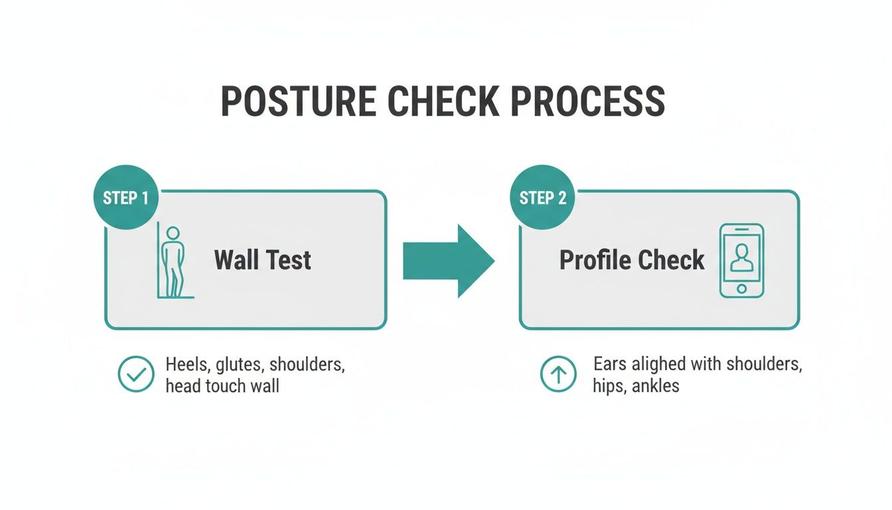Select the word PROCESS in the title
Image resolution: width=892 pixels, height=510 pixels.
pos(584,102)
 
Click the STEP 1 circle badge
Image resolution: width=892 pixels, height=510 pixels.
pos(126,198)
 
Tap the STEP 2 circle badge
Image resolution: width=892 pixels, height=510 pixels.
pos(542,198)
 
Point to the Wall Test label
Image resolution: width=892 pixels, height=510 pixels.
pos(262,260)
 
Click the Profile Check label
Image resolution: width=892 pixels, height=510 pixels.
pos(631,260)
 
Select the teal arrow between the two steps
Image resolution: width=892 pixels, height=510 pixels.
pos(449,260)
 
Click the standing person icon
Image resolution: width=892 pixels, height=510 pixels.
pos(173,262)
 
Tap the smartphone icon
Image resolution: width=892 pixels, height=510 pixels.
pos(741,260)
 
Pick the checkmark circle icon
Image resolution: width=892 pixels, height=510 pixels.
pos(135,375)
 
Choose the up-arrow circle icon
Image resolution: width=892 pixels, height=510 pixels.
pos(558,375)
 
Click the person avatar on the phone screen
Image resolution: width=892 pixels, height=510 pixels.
pos(741,257)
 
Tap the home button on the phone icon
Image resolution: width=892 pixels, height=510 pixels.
pos(741,289)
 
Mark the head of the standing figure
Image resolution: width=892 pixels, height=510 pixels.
pos(173,233)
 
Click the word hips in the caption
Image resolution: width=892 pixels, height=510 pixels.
pos(607,385)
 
